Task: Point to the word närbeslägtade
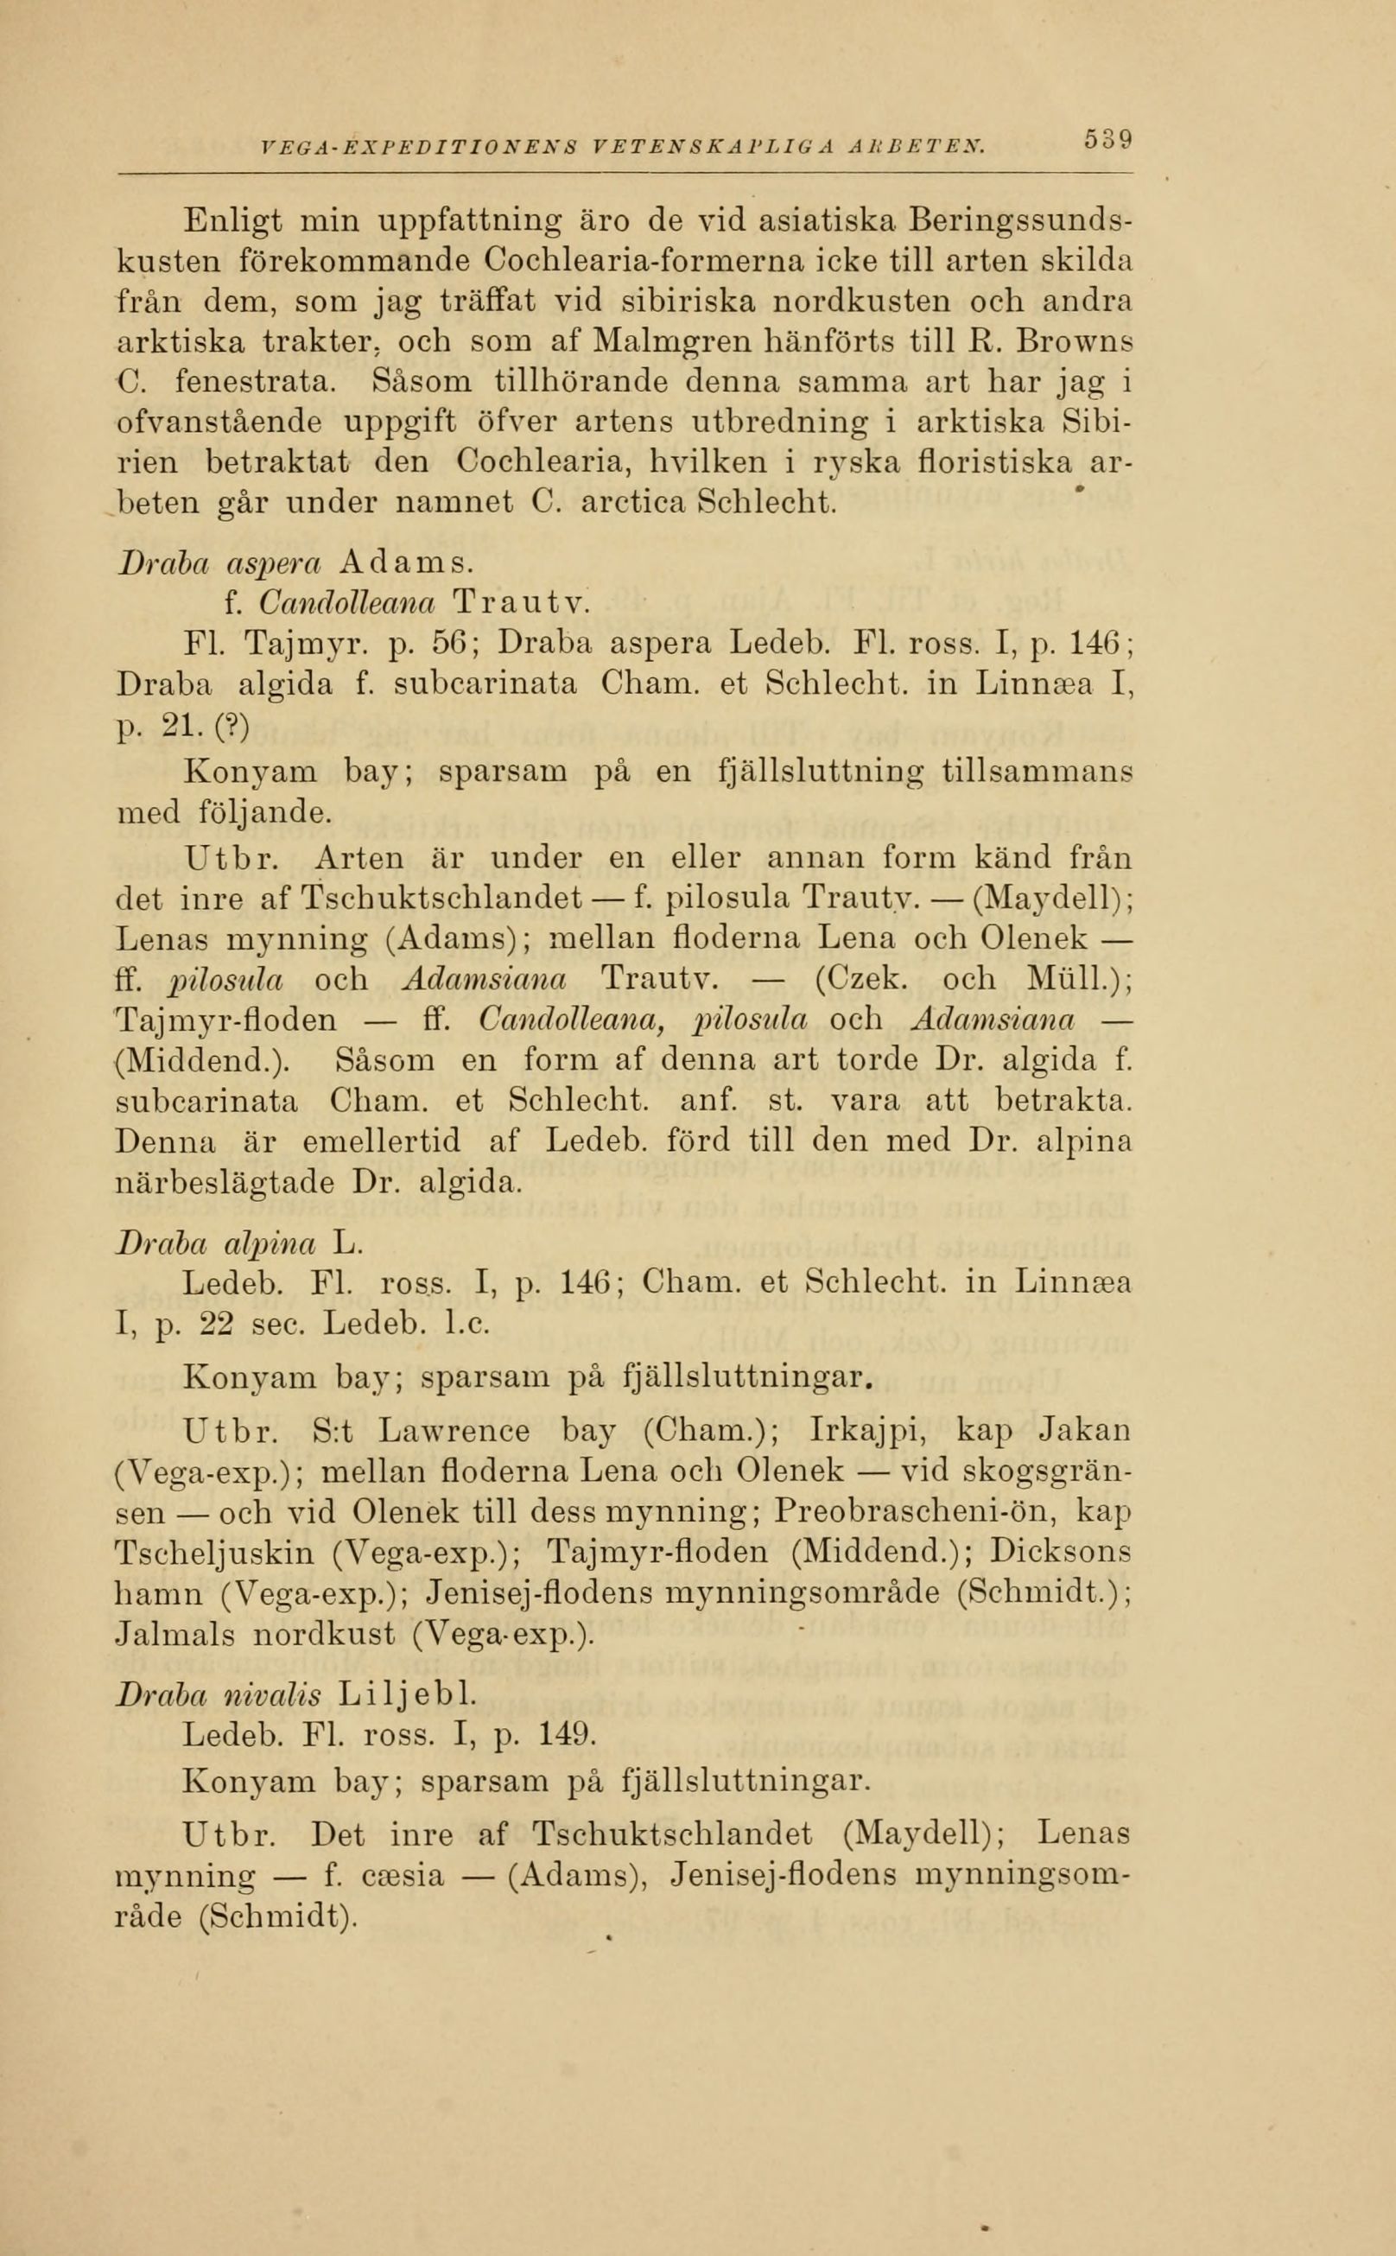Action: click(225, 1182)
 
